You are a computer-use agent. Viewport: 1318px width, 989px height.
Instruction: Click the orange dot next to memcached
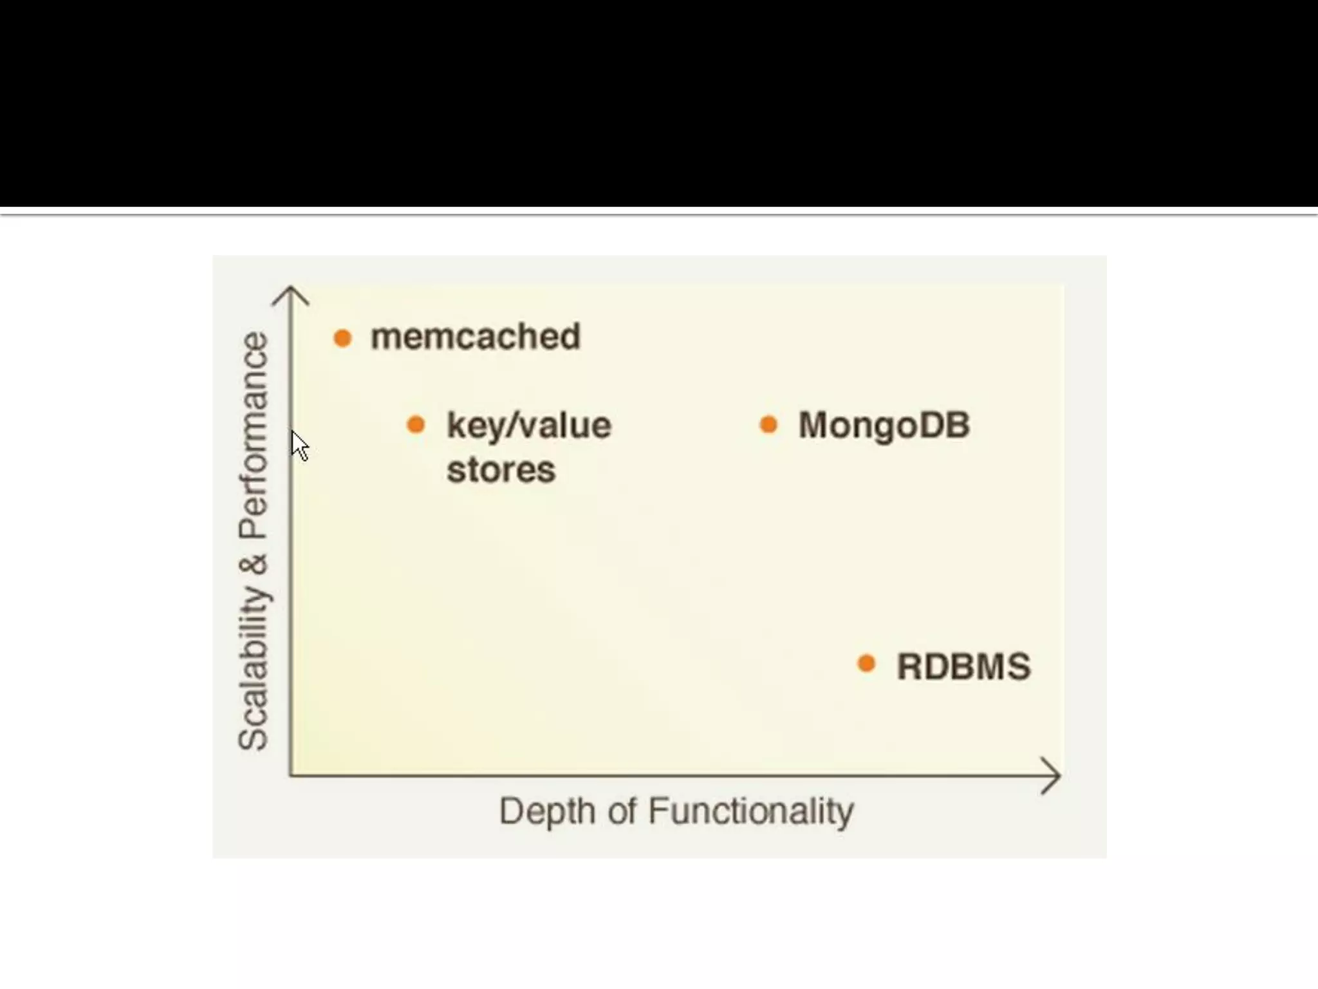[x=342, y=337]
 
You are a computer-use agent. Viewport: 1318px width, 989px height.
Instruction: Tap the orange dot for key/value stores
[x=416, y=424]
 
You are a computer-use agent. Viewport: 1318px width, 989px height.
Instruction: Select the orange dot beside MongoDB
[x=768, y=424]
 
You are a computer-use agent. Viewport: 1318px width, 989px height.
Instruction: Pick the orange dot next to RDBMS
[x=867, y=664]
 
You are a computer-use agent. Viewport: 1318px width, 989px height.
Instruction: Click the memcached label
[x=476, y=337]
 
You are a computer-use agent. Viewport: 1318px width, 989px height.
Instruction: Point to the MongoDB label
[x=884, y=426]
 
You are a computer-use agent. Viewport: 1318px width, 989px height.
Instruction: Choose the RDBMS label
[x=963, y=666]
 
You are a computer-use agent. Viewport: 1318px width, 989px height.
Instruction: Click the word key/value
[x=528, y=426]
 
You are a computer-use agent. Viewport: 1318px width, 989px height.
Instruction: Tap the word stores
[x=501, y=469]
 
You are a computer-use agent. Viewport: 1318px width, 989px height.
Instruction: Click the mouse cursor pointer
[x=299, y=445]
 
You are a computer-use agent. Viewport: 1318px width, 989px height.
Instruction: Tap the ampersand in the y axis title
[x=254, y=565]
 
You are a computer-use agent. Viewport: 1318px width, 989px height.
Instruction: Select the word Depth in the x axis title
[x=547, y=811]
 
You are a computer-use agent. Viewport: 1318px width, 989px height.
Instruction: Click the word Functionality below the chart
[x=750, y=811]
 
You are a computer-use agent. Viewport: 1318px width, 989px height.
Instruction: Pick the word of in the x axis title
[x=622, y=811]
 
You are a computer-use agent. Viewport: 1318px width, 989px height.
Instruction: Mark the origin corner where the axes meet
[x=291, y=775]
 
